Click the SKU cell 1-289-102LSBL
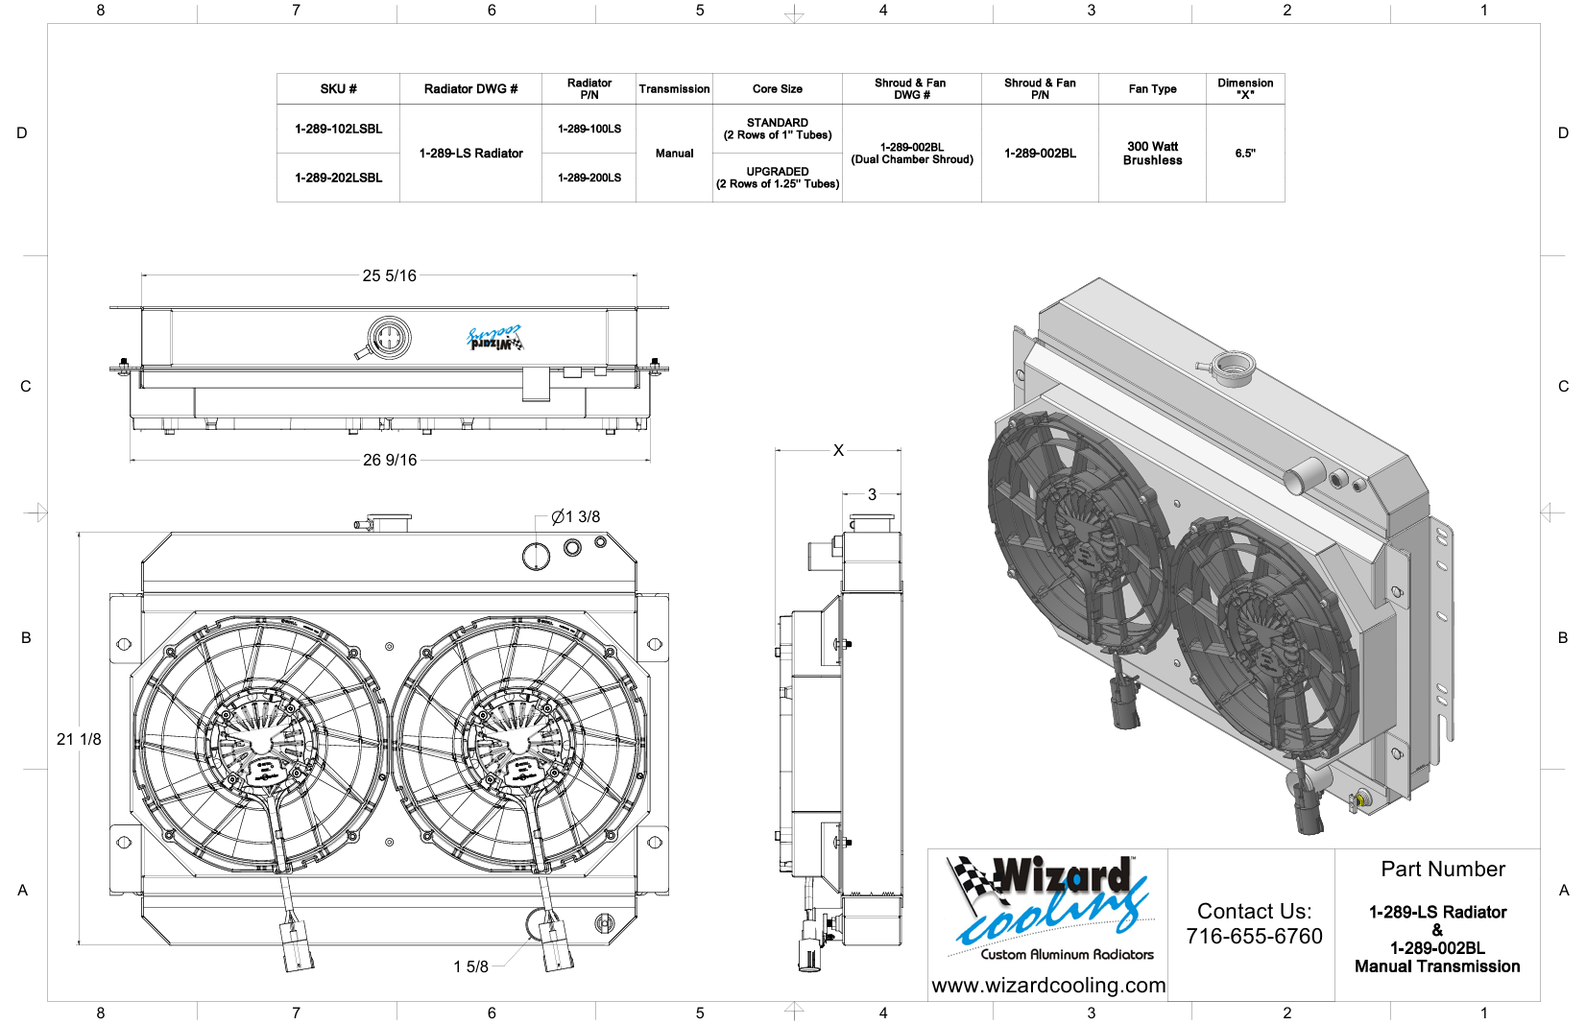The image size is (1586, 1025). point(339,129)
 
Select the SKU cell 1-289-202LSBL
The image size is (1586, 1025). point(339,178)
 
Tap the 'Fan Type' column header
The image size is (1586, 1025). point(1152,89)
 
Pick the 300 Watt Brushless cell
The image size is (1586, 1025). point(1152,153)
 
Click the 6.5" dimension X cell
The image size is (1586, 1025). point(1245,153)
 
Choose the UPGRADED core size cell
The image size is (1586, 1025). point(778,178)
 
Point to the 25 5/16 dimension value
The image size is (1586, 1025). point(390,275)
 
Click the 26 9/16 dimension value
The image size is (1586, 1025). point(390,460)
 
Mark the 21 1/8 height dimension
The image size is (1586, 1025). point(79,739)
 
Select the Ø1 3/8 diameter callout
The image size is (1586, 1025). point(576,516)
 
